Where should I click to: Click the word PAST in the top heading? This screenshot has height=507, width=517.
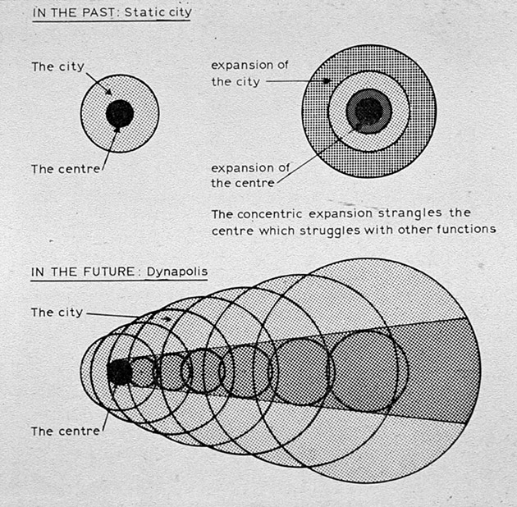[98, 13]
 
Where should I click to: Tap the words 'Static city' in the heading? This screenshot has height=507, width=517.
[158, 12]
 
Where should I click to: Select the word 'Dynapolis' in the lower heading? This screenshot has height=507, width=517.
[177, 272]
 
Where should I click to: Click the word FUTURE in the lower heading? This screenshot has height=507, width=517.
[109, 272]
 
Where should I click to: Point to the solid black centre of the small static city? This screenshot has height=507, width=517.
[120, 113]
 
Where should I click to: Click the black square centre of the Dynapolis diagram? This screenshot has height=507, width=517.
[119, 372]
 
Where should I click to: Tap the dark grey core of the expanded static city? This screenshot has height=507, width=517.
[369, 111]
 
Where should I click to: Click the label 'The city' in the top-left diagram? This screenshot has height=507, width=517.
[58, 67]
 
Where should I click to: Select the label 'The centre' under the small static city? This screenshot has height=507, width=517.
[66, 170]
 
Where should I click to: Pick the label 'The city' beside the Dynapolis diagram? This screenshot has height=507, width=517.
[57, 313]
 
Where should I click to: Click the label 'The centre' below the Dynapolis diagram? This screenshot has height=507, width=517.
[66, 432]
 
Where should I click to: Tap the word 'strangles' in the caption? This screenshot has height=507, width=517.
[409, 213]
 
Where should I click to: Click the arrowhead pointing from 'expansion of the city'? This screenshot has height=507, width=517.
[327, 80]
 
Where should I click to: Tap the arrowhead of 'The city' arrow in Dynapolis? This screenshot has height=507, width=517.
[168, 319]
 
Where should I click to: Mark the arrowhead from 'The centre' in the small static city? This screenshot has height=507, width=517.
[117, 130]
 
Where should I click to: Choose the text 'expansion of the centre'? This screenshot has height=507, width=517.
[250, 176]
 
